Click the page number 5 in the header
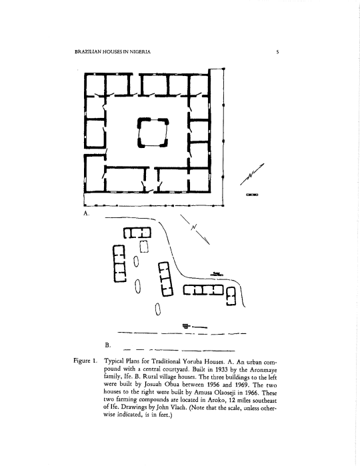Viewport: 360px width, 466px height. (x=277, y=52)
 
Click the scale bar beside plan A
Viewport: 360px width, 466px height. (x=252, y=195)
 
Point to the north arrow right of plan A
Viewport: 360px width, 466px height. (x=252, y=174)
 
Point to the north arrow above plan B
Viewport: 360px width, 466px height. (x=195, y=229)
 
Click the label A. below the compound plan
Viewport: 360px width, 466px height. (x=86, y=213)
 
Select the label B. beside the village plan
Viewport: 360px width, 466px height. (x=107, y=345)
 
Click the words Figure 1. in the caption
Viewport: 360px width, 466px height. (x=85, y=361)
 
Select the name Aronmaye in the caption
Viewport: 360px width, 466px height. (x=263, y=370)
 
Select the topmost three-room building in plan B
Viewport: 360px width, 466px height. (x=137, y=233)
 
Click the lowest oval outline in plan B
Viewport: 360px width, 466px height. (x=158, y=309)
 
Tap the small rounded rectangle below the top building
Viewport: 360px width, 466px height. (x=144, y=247)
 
